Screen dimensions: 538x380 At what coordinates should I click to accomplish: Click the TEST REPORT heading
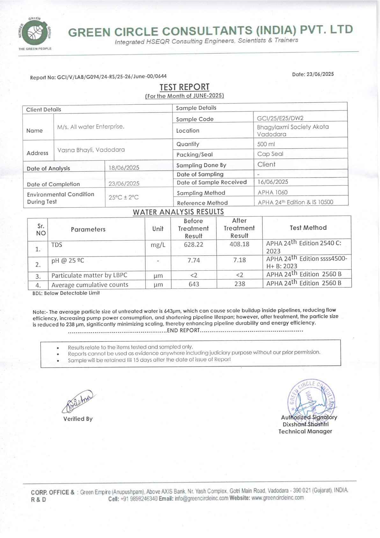pos(184,87)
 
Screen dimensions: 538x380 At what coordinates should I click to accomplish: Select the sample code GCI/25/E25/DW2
pos(280,118)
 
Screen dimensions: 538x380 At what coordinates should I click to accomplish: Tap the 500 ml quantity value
pos(266,144)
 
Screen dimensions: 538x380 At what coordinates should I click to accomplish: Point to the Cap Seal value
pos(270,154)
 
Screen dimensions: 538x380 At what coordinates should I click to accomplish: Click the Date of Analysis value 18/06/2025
pos(124,168)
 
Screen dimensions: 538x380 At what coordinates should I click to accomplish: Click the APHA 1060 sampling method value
pos(273,192)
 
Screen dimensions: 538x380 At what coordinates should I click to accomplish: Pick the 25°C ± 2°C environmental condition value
pos(124,197)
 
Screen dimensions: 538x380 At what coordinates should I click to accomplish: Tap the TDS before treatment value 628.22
pos(194,245)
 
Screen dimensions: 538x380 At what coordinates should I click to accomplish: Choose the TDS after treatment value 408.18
pos(239,244)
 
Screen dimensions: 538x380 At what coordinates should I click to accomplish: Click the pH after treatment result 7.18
pos(239,260)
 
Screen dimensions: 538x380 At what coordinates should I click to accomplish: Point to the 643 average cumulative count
pos(194,284)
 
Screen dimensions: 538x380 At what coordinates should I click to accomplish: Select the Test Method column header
pos(308,228)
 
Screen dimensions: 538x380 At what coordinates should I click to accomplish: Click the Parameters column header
pos(88,229)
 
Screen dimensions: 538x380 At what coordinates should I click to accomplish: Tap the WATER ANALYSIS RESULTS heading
pos(178,212)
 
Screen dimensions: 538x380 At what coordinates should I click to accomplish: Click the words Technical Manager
pos(305,431)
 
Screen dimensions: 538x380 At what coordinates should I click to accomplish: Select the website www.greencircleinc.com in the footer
pos(277,498)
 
